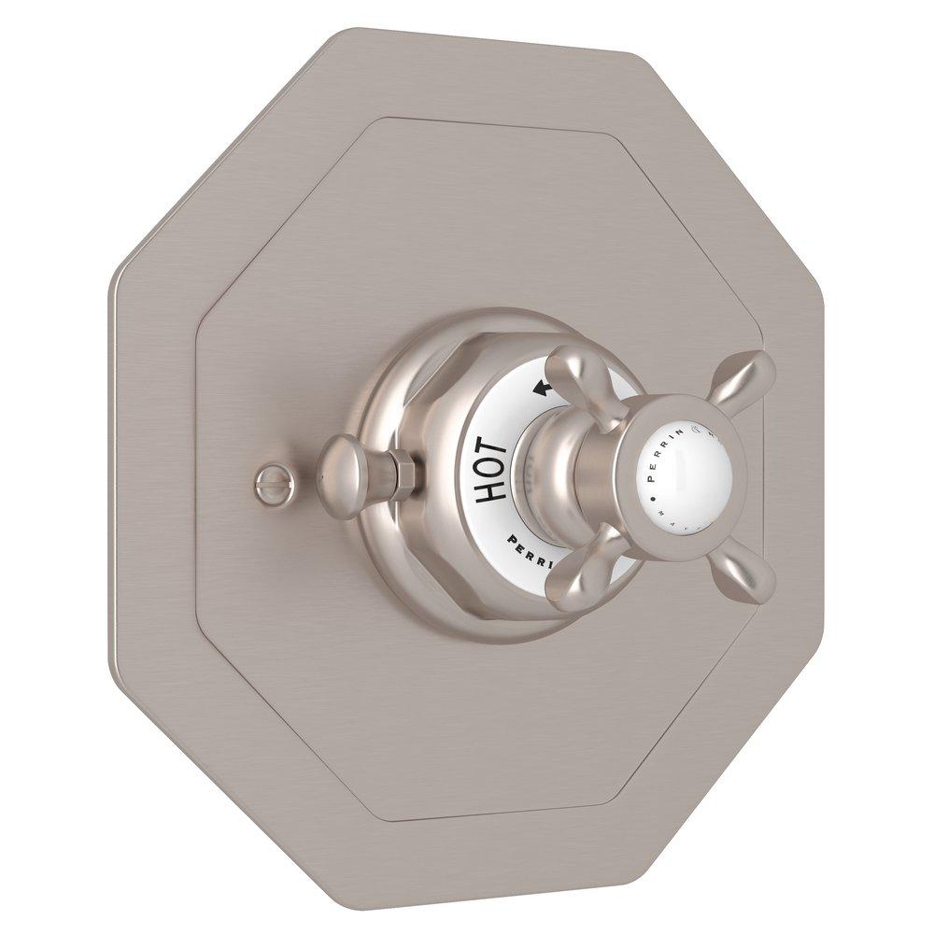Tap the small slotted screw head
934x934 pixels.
pyautogui.click(x=265, y=481)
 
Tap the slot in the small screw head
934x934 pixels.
pyautogui.click(x=265, y=481)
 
